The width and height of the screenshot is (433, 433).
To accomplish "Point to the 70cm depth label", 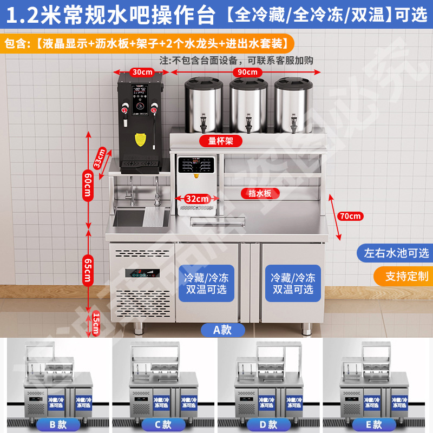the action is pos(350,216).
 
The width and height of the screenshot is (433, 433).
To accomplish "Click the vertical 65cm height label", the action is pos(87,269).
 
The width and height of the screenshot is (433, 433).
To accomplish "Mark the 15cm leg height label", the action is pos(96,324).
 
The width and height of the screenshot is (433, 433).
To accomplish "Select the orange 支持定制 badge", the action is pos(406,276).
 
